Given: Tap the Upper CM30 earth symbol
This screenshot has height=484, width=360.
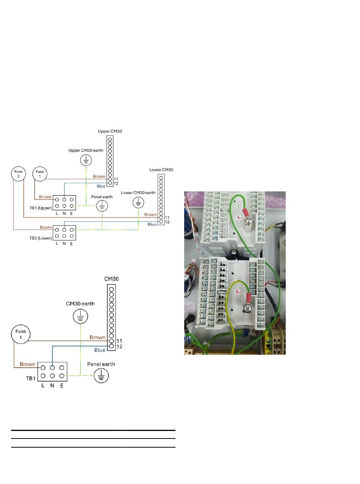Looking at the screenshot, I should pos(86,160).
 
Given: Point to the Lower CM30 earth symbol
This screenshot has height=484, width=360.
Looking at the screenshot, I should pos(138,202).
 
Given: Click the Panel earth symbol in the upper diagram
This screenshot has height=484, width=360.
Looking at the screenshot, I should pos(102,206).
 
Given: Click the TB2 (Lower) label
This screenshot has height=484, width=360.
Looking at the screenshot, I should pos(41,238).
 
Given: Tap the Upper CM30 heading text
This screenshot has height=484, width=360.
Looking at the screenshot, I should pos(110,131).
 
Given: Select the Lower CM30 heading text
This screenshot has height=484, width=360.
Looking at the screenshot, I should pos(161,169).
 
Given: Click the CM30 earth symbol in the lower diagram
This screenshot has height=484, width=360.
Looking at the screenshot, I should pos(80,316).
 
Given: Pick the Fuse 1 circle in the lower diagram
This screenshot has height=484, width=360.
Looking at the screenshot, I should pos(20,334).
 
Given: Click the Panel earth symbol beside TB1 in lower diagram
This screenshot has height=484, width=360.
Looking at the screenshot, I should pos(101,376).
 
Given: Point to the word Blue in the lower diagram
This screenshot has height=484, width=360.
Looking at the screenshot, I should pos(100,350).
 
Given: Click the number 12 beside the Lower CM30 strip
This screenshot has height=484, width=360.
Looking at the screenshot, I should pos(167,222).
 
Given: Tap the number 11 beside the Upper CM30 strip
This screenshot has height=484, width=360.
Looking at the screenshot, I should pos(116,179).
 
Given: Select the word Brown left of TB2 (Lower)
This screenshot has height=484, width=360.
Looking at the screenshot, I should pos(46,227).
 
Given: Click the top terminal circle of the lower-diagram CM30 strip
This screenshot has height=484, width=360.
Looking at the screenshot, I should pos(111,289).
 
